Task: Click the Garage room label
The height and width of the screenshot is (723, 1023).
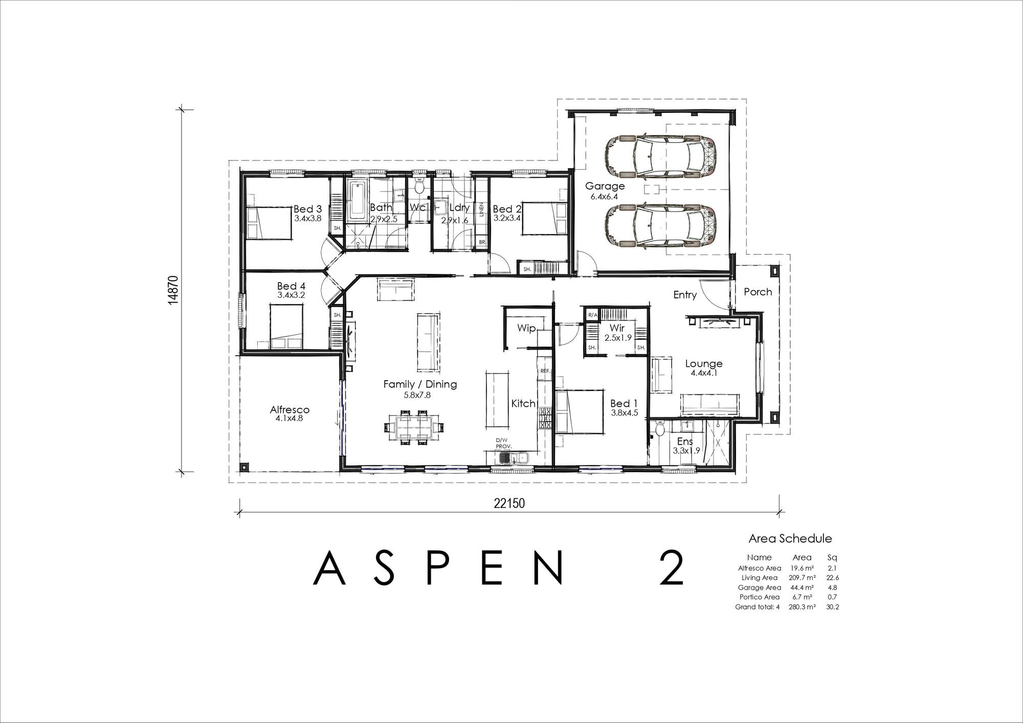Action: pos(605,186)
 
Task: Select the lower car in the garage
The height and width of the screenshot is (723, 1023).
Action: pos(660,226)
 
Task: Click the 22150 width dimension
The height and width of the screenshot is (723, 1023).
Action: pos(509,503)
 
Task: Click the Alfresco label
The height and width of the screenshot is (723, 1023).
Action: pos(290,410)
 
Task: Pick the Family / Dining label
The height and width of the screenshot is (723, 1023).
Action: pos(420,384)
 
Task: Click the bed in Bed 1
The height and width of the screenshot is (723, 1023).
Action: pos(579,412)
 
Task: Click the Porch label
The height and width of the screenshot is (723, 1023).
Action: pos(758,292)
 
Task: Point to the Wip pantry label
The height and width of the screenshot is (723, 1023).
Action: pos(526,328)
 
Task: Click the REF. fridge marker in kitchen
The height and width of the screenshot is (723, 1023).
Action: pos(545,371)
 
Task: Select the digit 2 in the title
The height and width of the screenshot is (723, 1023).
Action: pos(671,568)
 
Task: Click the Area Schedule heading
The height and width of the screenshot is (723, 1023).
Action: pos(790,539)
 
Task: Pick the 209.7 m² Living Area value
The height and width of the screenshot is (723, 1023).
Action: pos(802,578)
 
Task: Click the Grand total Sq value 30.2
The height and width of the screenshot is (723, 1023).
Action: pos(832,607)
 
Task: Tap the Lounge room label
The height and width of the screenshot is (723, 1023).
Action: pos(704,364)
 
